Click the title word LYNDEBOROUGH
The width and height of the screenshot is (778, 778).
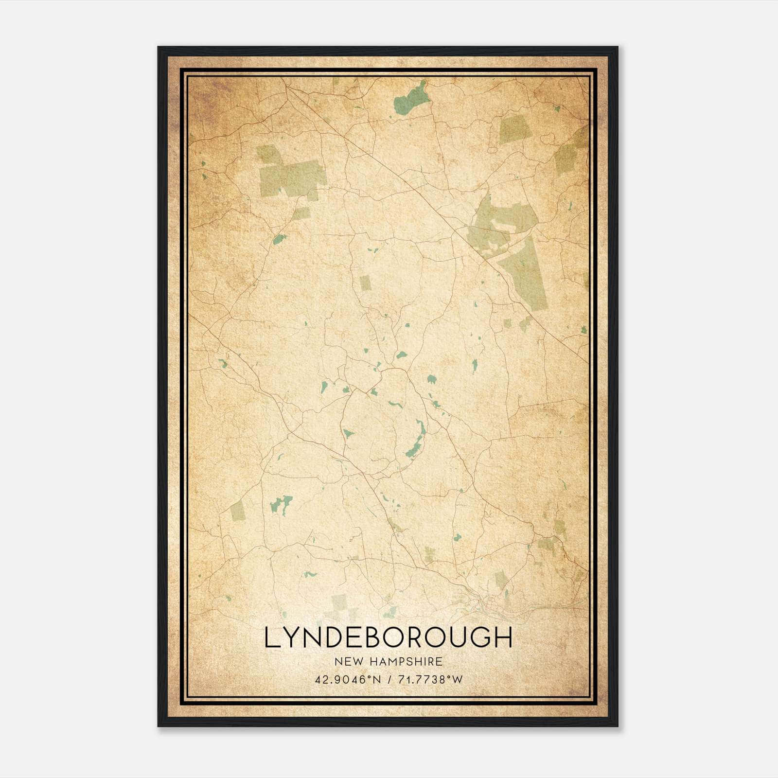(x=388, y=637)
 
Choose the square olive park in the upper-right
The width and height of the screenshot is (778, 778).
(x=514, y=130)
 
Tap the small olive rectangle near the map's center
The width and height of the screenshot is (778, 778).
(x=366, y=283)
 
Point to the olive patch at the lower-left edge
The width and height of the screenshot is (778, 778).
(x=238, y=510)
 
